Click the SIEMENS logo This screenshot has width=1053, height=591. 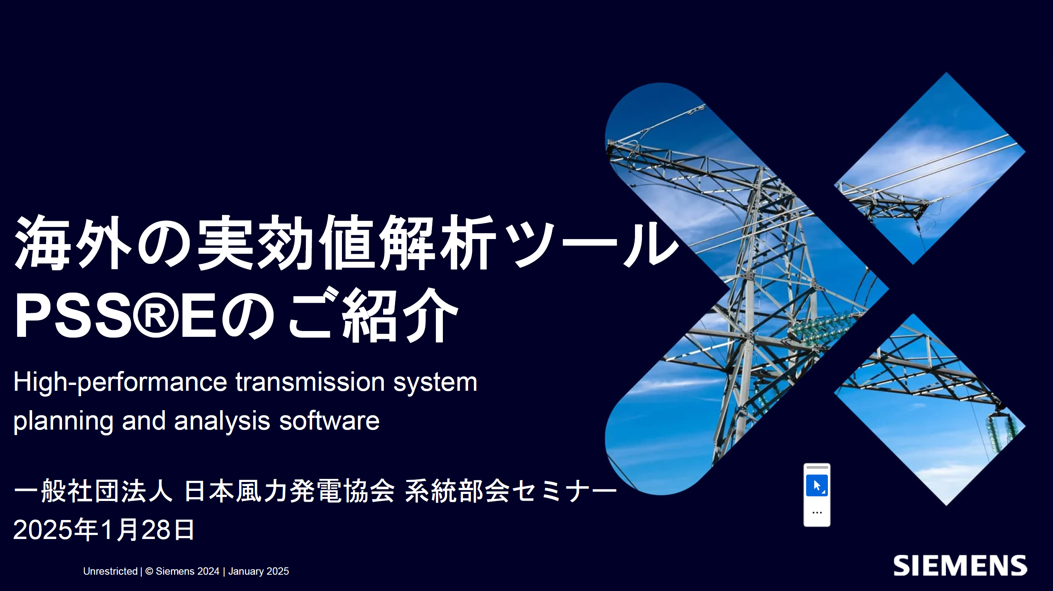pos(960,565)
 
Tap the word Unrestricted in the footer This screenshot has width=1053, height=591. pos(110,571)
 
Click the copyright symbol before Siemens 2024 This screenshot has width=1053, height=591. pos(149,571)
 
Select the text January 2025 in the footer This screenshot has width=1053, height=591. pos(258,571)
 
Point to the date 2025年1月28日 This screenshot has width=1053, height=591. pos(104,530)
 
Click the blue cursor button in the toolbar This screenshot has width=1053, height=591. pos(817,485)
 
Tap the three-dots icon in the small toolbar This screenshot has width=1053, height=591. pos(817,513)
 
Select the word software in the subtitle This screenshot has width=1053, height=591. pos(329,421)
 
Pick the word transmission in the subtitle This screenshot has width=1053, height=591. pos(310,382)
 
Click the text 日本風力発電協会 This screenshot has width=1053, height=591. pos(290,490)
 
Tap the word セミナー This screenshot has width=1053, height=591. pos(564,490)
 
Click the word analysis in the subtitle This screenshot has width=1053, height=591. pos(222,421)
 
